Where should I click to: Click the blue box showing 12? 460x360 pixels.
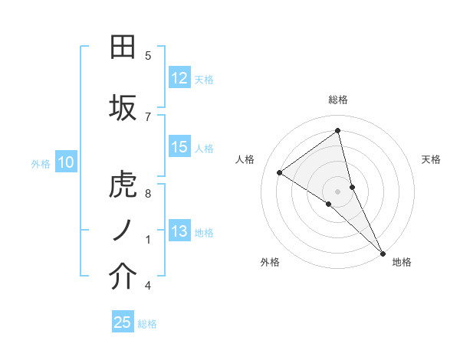179,78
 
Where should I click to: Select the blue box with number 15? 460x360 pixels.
179,147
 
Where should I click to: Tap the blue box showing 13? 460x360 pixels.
179,231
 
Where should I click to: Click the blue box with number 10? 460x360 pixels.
66,162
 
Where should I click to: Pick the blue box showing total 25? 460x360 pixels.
123,322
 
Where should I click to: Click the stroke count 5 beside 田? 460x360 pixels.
148,56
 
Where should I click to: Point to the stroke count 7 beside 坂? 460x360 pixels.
148,116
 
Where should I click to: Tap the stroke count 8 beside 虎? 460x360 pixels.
148,194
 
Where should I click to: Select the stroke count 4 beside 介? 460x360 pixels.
148,286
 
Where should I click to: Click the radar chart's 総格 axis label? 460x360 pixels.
338,100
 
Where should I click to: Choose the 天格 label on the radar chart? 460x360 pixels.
432,159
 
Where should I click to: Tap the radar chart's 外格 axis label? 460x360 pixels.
270,262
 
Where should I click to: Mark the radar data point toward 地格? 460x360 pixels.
383,253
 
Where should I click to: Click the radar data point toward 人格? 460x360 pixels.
280,172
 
